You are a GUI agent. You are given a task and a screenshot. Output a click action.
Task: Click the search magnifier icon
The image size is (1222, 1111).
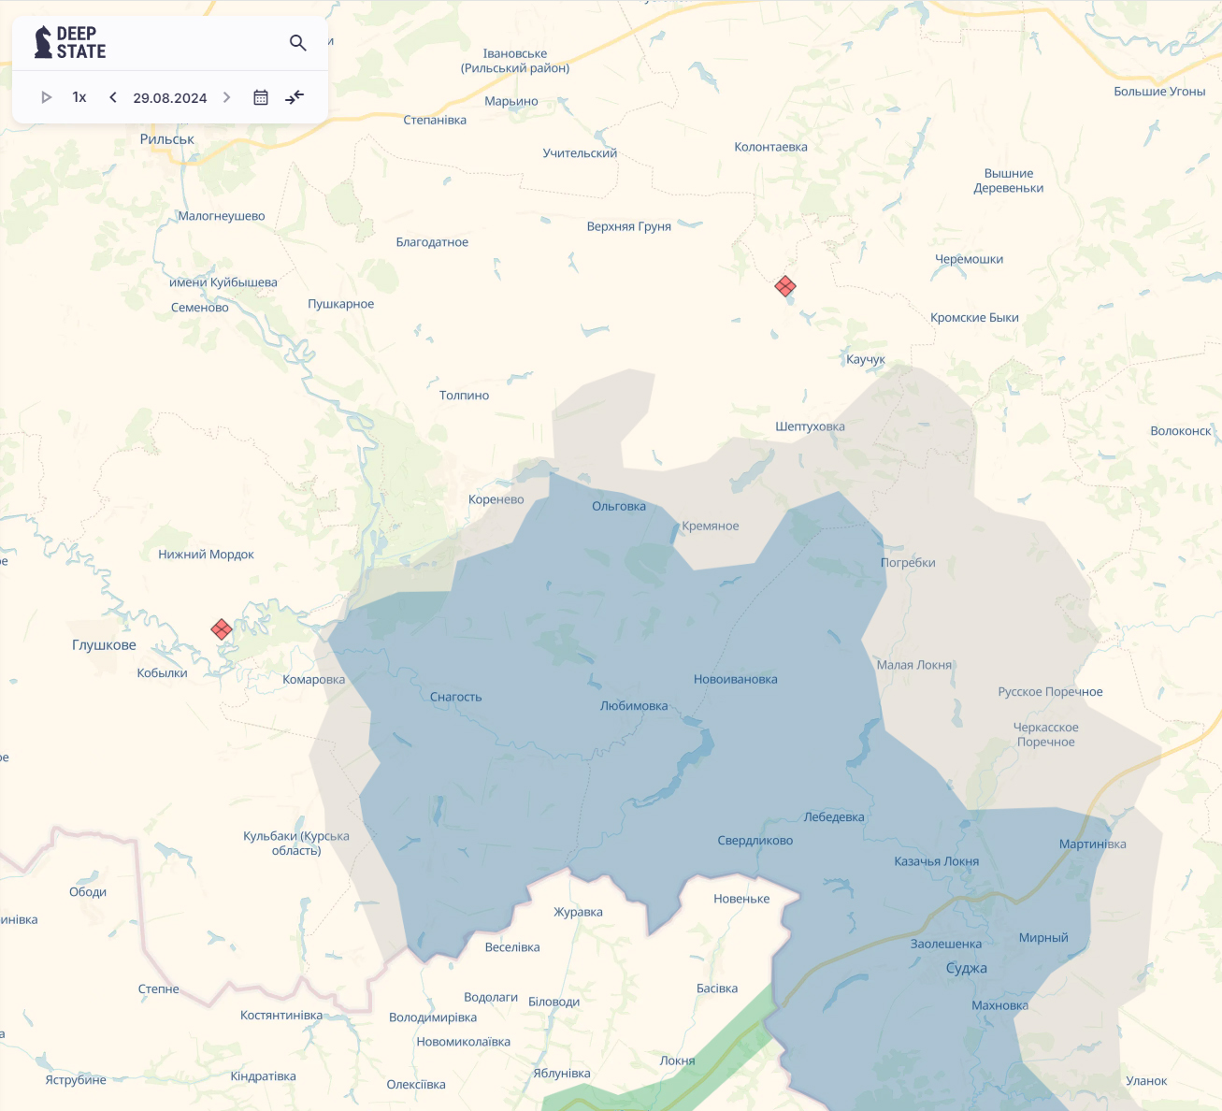click(298, 43)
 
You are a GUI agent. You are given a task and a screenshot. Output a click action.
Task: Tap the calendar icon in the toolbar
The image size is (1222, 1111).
click(261, 97)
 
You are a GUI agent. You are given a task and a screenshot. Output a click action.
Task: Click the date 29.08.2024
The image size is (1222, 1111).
click(170, 97)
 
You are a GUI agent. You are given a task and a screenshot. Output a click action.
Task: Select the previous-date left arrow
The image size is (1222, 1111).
click(113, 97)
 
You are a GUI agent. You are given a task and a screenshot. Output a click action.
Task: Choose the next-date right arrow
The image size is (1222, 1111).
click(226, 97)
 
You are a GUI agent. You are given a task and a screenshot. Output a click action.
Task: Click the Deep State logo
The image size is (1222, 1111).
click(70, 43)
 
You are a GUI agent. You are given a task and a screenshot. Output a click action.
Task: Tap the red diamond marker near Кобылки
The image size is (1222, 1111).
click(222, 629)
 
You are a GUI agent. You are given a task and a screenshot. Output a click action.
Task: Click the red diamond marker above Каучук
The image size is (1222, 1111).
click(785, 286)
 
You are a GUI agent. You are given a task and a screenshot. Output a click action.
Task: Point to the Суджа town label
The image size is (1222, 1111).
click(966, 968)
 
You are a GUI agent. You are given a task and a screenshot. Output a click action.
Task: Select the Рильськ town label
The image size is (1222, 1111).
click(167, 139)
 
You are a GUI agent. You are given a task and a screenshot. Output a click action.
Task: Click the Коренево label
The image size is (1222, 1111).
click(496, 499)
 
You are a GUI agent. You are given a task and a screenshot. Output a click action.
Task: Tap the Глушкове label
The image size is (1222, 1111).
click(104, 645)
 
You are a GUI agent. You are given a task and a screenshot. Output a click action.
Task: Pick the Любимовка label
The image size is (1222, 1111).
click(634, 706)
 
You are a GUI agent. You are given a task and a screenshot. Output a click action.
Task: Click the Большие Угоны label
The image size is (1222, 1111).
click(1159, 92)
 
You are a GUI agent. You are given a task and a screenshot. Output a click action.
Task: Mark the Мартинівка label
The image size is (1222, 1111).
click(1092, 844)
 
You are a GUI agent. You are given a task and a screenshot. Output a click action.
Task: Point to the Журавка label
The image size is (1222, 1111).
click(578, 912)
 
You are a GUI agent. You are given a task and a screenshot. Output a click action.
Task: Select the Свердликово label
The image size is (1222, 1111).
click(755, 841)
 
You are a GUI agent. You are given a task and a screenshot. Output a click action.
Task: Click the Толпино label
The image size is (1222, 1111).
click(464, 396)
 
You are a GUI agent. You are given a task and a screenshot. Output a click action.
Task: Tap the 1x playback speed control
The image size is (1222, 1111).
click(79, 97)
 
